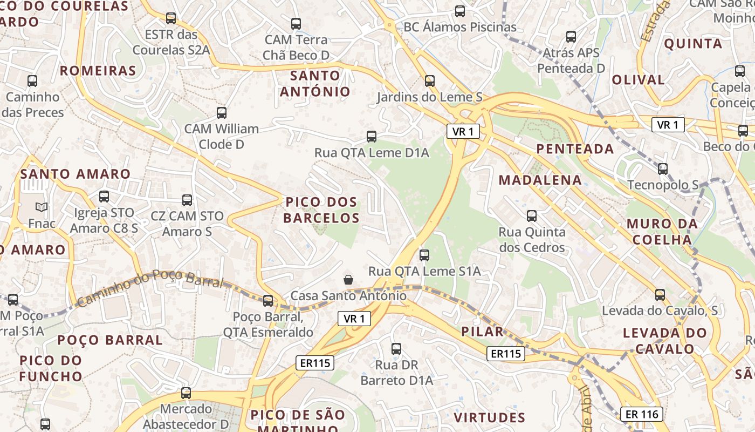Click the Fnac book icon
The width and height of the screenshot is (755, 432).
point(42,207)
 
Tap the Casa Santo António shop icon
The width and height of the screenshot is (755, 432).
point(348,280)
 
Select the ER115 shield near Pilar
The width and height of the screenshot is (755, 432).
point(505,354)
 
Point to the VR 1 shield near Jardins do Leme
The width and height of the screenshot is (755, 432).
point(463,131)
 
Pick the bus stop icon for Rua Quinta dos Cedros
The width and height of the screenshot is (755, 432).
point(532,216)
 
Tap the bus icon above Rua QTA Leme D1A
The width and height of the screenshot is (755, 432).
point(372,137)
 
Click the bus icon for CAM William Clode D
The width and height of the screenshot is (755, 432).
point(222,113)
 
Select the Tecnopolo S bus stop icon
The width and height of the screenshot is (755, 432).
point(663,169)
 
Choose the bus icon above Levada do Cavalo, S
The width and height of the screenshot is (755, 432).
point(660,295)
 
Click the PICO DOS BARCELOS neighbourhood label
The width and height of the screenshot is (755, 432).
point(321,210)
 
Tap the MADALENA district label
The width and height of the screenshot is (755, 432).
point(540,180)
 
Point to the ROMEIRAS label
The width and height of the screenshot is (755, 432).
point(98,71)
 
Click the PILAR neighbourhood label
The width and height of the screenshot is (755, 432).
point(483,332)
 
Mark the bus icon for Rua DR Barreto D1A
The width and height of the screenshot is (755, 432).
point(396,349)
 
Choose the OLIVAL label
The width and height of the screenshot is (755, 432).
point(638,80)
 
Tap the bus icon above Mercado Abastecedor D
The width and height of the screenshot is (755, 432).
point(186,393)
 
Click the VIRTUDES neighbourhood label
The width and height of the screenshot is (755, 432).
point(489,417)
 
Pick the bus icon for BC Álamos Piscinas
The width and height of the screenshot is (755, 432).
point(460,11)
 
